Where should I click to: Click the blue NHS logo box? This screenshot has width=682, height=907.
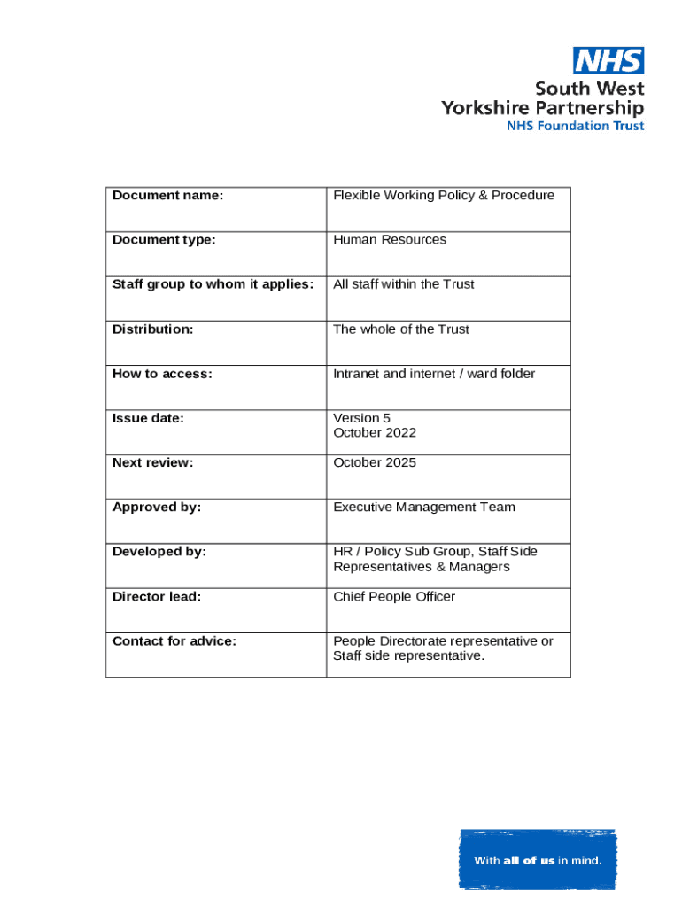pos(608,60)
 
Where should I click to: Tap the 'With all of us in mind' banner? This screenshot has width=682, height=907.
pos(538,859)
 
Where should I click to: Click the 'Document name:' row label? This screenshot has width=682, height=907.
pos(167,195)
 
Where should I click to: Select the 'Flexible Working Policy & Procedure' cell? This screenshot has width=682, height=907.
pos(444,195)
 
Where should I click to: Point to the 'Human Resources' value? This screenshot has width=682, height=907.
pos(390,240)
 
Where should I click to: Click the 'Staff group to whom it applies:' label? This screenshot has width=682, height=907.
pos(213,284)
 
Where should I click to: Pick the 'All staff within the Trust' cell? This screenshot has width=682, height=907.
pos(404,284)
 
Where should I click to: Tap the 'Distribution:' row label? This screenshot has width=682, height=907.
pos(152,329)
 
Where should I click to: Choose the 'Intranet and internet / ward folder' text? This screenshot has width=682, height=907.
pos(434,374)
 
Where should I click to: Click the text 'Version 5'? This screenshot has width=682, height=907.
pos(361,418)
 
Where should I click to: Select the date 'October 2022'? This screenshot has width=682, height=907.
pos(375,433)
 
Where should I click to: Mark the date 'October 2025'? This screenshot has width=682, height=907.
pos(375,462)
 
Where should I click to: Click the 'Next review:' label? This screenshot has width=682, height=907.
pos(152,462)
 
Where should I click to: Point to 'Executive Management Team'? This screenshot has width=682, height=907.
pos(424,508)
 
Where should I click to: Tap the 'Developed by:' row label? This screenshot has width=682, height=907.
pos(159,552)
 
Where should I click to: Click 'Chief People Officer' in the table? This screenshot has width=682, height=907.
pos(394,597)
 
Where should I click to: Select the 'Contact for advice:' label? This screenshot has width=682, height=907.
pos(174,641)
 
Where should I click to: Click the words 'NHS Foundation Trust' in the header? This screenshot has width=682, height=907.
pos(575,126)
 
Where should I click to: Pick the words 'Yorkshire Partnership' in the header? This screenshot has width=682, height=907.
pos(543,108)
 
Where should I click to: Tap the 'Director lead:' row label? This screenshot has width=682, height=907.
pos(157,597)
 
